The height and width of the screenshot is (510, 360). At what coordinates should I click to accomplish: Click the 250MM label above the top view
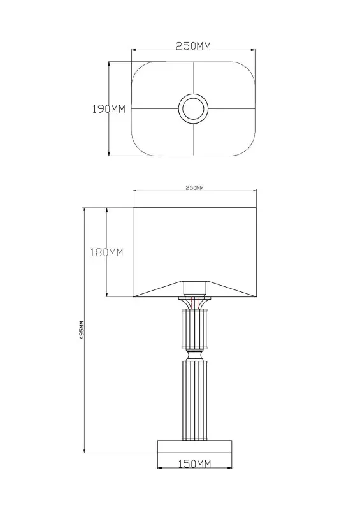point(193,46)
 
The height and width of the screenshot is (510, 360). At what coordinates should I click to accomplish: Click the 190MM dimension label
point(108,109)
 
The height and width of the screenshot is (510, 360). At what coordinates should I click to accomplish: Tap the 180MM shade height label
point(106,252)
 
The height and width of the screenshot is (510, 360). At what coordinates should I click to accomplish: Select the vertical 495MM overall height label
point(82,330)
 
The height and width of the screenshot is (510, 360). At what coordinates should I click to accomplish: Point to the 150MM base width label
point(194,463)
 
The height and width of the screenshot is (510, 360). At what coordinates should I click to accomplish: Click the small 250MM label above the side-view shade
point(194,187)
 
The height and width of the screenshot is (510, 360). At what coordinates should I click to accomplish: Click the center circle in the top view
point(194,108)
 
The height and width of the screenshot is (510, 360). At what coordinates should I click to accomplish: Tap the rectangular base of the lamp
point(194,447)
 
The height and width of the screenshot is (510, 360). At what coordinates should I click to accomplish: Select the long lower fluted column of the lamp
point(194,400)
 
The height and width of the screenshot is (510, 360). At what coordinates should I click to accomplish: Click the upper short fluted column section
point(194,329)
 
